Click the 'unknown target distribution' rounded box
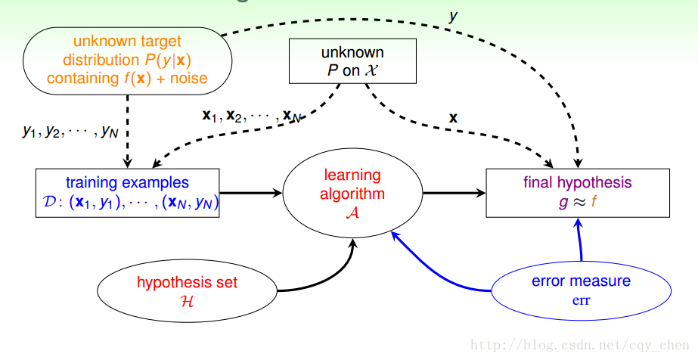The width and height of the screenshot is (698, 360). point(126,60)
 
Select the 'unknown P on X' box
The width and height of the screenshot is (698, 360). point(353,61)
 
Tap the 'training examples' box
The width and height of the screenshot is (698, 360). point(128,193)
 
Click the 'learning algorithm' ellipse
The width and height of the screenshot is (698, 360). point(352,194)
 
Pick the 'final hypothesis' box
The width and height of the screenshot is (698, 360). point(578,193)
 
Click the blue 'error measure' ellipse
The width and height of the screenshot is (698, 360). point(581,290)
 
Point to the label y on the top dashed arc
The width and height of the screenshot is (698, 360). point(453,15)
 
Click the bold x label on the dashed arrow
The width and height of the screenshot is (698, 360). point(454,117)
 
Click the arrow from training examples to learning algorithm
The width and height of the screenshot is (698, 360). point(250,193)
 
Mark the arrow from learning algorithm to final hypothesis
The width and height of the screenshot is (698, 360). point(454,193)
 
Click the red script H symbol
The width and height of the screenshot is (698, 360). point(187,300)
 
